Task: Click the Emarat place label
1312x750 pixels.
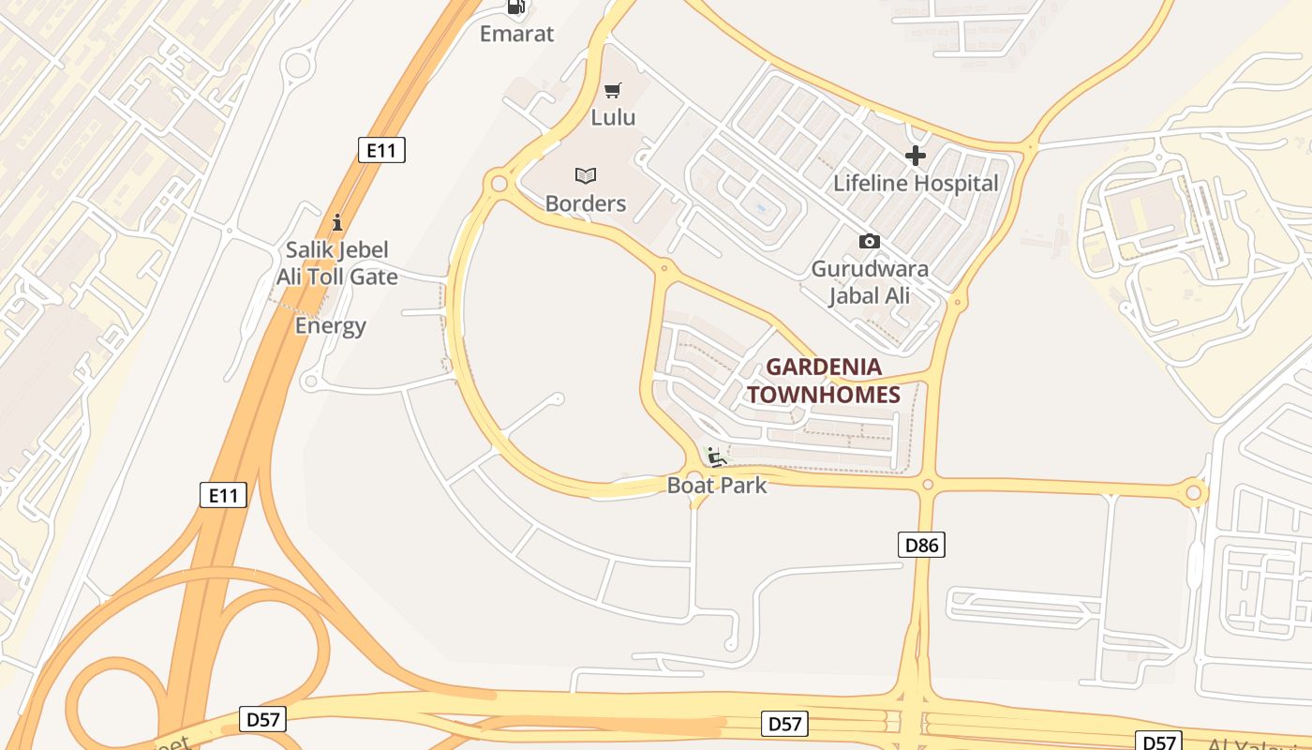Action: point(516,34)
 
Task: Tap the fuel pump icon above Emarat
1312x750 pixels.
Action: point(516,7)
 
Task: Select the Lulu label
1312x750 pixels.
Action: point(613,117)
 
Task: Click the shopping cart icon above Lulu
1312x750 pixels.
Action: point(613,91)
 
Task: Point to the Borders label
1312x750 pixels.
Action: point(586,203)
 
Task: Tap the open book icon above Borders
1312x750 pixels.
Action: point(586,175)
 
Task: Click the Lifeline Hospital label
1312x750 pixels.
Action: point(916,183)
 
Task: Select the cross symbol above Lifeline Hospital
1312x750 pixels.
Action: point(916,156)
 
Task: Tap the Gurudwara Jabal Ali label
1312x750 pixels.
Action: point(870,282)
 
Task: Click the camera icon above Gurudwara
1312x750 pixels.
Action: point(870,242)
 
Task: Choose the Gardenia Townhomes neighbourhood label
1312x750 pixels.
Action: point(824,381)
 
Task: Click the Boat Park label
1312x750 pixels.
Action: point(717,485)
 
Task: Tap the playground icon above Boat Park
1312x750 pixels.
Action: point(717,457)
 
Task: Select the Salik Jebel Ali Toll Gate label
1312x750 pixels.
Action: point(336,263)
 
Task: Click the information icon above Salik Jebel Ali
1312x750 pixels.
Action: point(337,223)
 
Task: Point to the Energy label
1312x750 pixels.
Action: point(330,326)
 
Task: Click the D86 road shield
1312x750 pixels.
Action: point(921,545)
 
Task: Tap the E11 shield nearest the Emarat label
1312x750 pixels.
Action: point(381,150)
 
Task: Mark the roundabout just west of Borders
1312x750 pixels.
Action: point(498,183)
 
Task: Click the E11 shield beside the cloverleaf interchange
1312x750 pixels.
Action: point(223,495)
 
